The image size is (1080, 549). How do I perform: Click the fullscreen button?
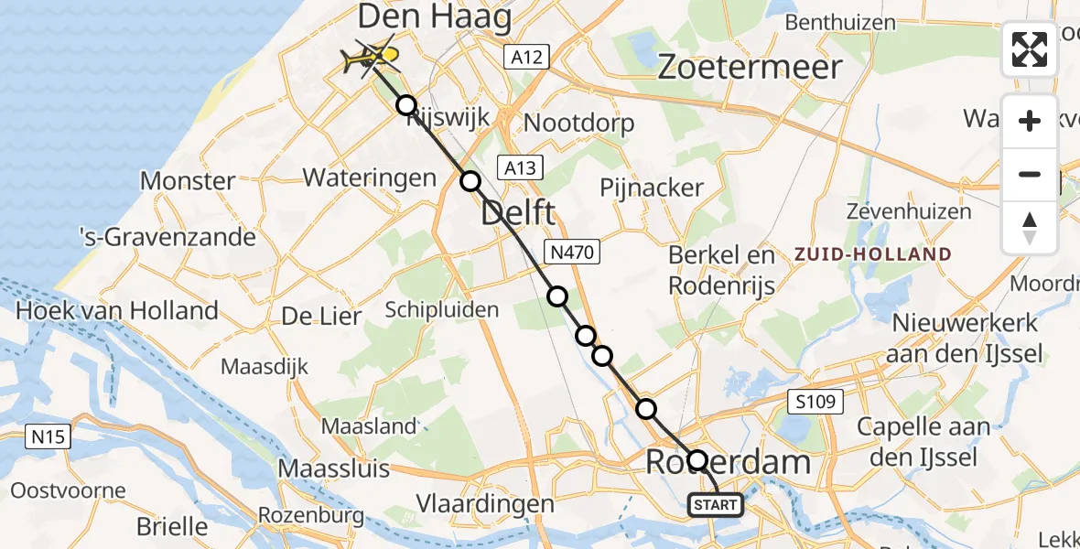1030,49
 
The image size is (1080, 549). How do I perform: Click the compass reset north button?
1030,228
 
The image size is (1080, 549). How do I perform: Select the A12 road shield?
526,58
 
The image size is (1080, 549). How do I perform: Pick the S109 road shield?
815,402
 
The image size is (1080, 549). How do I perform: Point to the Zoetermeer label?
750,67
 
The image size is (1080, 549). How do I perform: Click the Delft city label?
517,214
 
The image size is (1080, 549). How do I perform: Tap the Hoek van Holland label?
117,310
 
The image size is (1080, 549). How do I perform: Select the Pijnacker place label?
652,188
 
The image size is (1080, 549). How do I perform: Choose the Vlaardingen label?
485,503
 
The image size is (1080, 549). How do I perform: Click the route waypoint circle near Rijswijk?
406,105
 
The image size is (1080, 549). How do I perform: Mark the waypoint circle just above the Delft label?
470,181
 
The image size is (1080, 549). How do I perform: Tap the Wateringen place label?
370,177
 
